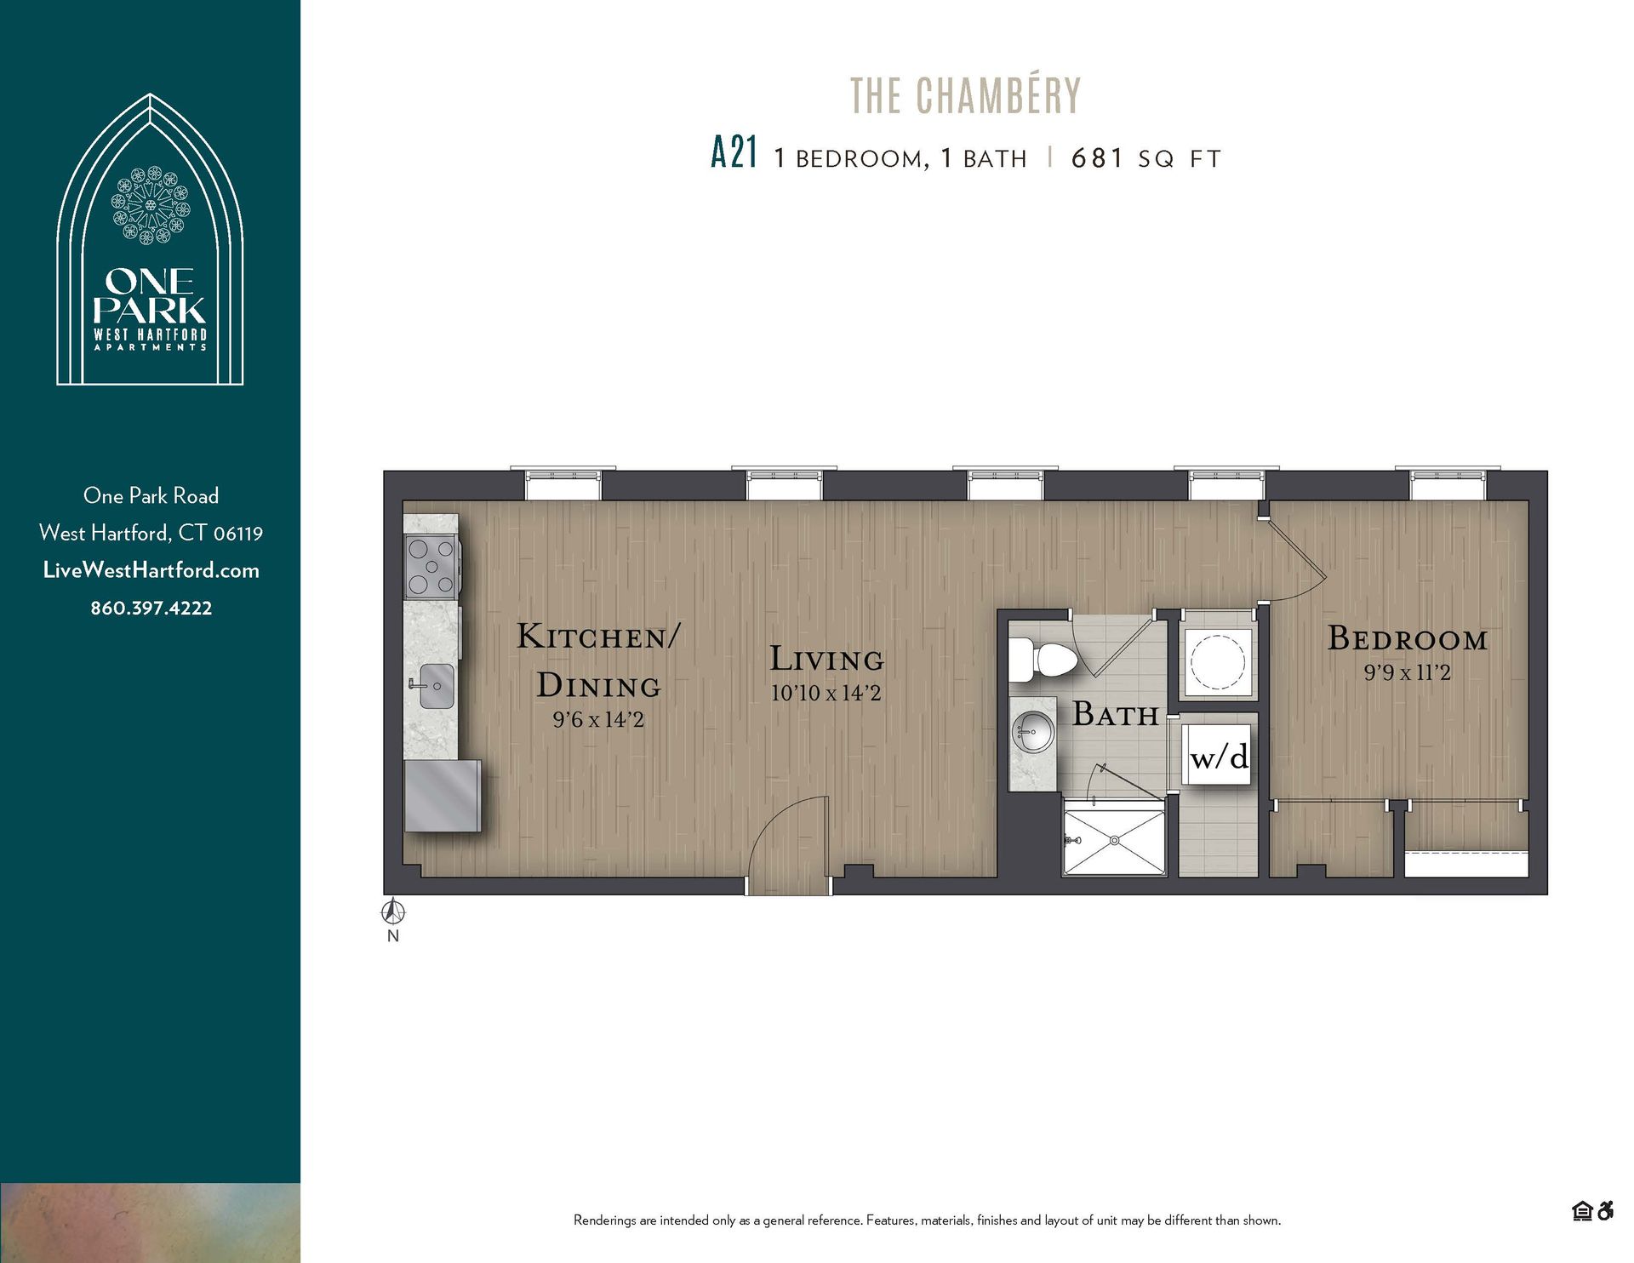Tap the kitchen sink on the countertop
click(x=434, y=686)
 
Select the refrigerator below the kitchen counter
click(x=442, y=797)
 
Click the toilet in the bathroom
click(x=1045, y=660)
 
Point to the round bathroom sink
click(x=1032, y=732)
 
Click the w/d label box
click(x=1219, y=756)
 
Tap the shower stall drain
click(x=1113, y=841)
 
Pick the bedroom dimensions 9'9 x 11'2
click(x=1407, y=672)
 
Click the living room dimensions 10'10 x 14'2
click(x=826, y=693)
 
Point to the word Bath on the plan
click(x=1115, y=714)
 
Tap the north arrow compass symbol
click(x=392, y=913)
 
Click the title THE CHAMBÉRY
click(x=965, y=95)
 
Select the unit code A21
click(x=733, y=154)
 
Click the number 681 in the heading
click(x=1097, y=158)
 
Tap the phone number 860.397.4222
click(x=151, y=608)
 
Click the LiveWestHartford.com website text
click(x=151, y=570)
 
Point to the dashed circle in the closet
click(x=1217, y=661)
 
